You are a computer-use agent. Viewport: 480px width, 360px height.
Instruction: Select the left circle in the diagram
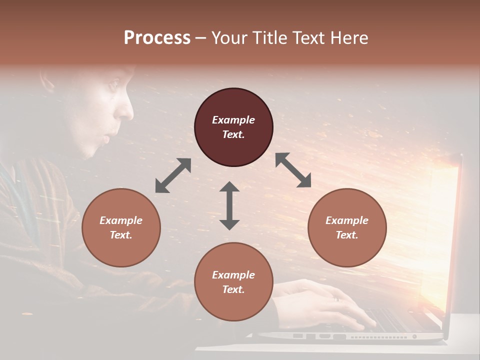pyautogui.click(x=121, y=227)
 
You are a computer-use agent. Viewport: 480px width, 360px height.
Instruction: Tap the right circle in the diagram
pyautogui.click(x=347, y=227)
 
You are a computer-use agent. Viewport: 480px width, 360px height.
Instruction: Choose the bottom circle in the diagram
pyautogui.click(x=233, y=282)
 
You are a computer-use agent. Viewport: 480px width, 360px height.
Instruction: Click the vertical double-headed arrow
pyautogui.click(x=229, y=205)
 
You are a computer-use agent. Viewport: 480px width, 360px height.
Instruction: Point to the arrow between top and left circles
pyautogui.click(x=173, y=175)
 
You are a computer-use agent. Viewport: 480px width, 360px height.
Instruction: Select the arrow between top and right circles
pyautogui.click(x=293, y=170)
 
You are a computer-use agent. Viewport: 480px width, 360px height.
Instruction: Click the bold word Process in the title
pyautogui.click(x=157, y=37)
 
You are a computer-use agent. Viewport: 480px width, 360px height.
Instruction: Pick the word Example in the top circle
pyautogui.click(x=233, y=120)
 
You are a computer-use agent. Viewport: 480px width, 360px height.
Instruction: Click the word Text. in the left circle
pyautogui.click(x=121, y=235)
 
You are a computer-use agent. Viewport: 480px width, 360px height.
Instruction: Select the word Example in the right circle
pyautogui.click(x=347, y=220)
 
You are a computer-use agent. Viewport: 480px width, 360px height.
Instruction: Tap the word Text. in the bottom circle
pyautogui.click(x=233, y=289)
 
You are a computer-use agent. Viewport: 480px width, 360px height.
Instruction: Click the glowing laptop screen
pyautogui.click(x=440, y=240)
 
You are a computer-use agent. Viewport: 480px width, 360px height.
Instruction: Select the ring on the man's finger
pyautogui.click(x=336, y=299)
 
